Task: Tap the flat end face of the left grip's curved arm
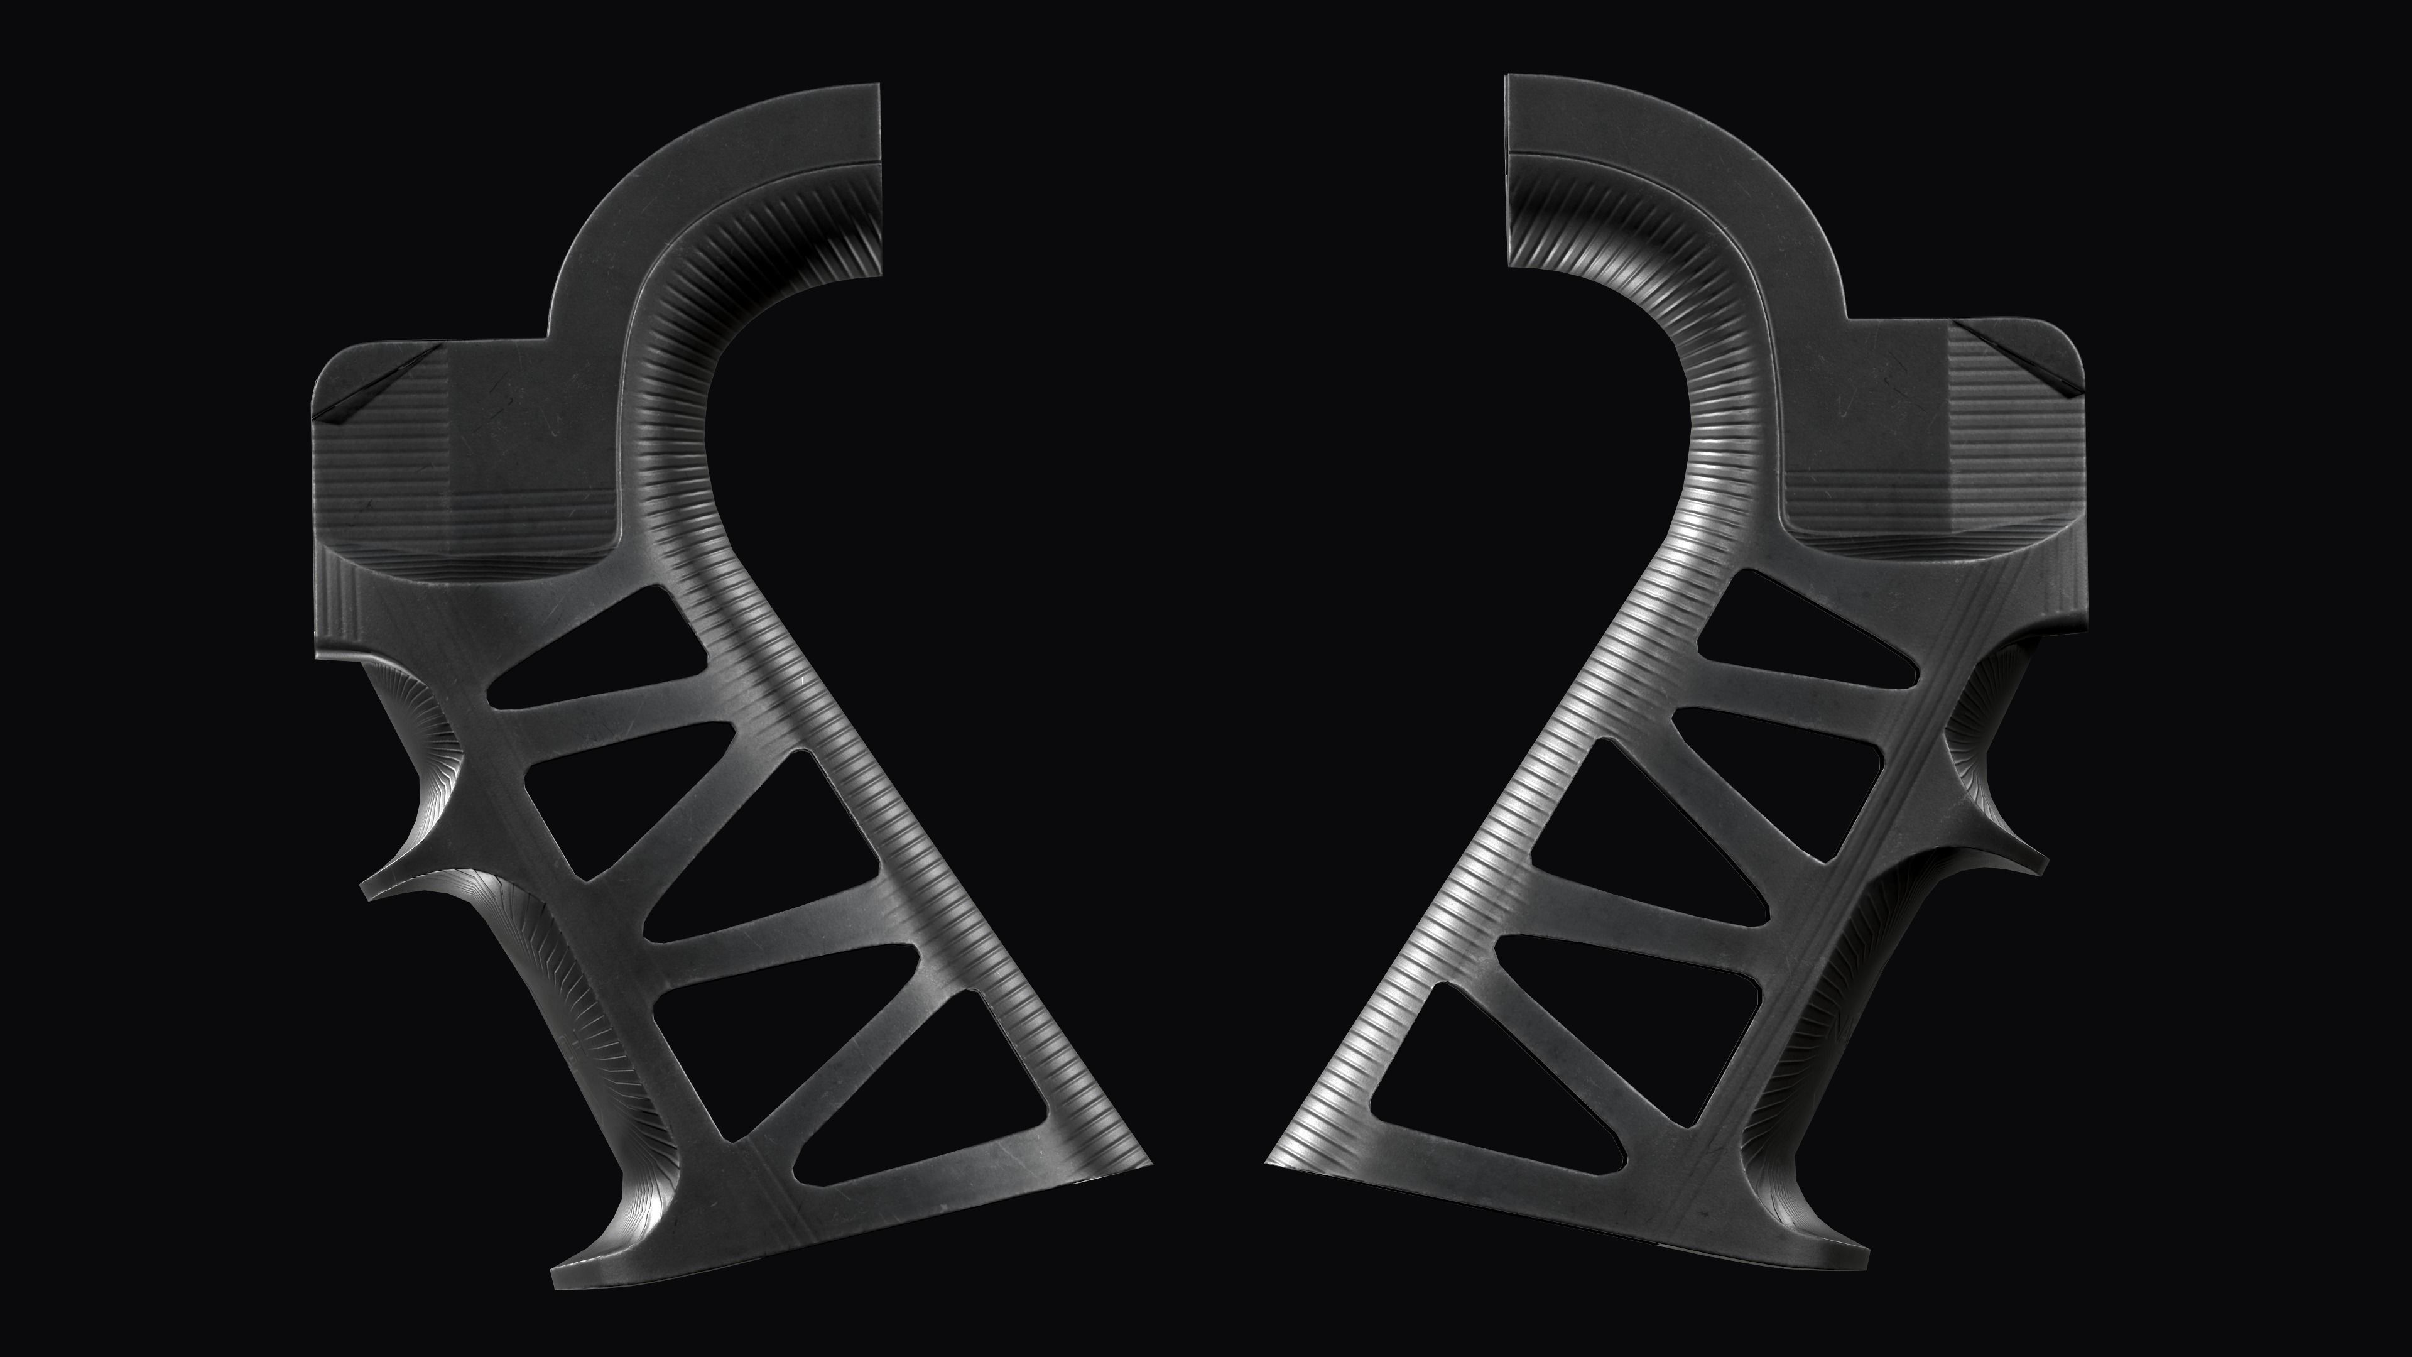[880, 178]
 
